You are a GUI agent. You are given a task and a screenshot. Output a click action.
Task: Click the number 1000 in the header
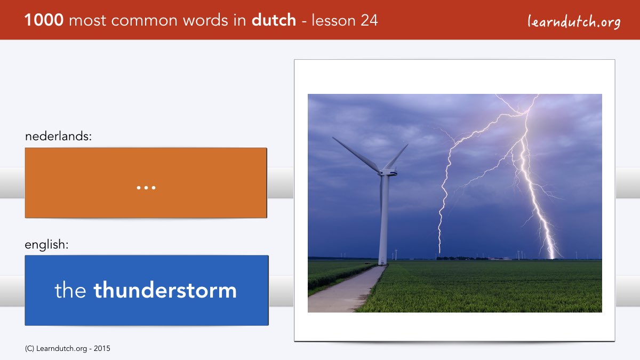point(44,20)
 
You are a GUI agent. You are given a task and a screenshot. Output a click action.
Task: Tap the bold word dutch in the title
point(274,20)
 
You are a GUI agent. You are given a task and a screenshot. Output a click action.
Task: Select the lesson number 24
point(369,20)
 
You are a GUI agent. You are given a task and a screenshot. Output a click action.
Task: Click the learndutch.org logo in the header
point(574,21)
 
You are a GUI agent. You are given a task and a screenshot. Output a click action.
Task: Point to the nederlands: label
point(58,136)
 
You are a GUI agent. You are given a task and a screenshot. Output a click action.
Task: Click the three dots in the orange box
point(146,188)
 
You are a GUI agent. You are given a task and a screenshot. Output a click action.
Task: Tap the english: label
point(46,245)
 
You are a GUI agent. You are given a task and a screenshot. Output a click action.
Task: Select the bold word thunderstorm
point(165,290)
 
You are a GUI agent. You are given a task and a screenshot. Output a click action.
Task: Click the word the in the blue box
point(70,290)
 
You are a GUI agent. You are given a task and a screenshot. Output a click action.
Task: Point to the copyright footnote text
point(67,349)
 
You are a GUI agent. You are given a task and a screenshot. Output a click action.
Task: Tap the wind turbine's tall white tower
point(383,220)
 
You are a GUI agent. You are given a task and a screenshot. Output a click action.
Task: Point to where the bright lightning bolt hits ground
point(552,258)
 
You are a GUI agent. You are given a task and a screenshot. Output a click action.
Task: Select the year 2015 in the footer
point(102,349)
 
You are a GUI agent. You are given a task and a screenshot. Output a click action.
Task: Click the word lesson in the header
point(333,20)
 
